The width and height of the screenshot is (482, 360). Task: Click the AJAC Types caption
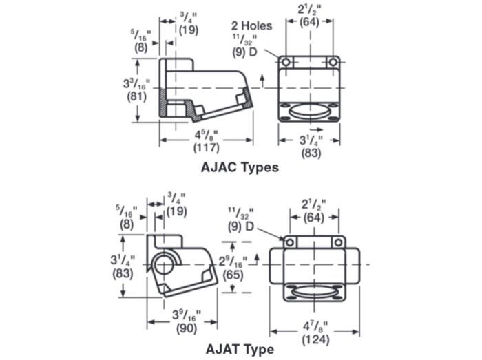pyautogui.click(x=240, y=168)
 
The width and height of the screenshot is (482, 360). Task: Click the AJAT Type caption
pyautogui.click(x=240, y=349)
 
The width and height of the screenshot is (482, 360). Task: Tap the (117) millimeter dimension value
pyautogui.click(x=207, y=148)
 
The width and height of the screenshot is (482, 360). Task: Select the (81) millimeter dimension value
pyautogui.click(x=137, y=96)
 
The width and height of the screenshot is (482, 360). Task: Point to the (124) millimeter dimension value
pyautogui.click(x=315, y=340)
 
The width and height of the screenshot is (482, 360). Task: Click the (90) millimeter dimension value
pyautogui.click(x=187, y=328)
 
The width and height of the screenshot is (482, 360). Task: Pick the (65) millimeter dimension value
pyautogui.click(x=233, y=275)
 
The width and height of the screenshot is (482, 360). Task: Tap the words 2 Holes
pyautogui.click(x=252, y=25)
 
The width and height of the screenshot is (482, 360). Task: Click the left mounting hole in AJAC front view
pyautogui.click(x=286, y=63)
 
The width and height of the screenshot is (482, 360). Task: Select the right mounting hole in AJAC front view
pyautogui.click(x=333, y=63)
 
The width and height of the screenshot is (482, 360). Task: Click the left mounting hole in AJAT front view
pyautogui.click(x=290, y=243)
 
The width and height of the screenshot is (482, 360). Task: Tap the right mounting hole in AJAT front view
pyautogui.click(x=338, y=243)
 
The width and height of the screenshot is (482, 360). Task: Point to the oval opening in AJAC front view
pyautogui.click(x=309, y=112)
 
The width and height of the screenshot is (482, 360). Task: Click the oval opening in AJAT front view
pyautogui.click(x=314, y=293)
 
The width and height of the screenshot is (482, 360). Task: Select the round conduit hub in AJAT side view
pyautogui.click(x=164, y=264)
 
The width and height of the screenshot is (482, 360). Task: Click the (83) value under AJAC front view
pyautogui.click(x=311, y=153)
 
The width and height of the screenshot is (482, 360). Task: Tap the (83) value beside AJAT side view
pyautogui.click(x=123, y=273)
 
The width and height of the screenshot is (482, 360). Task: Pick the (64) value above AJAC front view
pyautogui.click(x=310, y=22)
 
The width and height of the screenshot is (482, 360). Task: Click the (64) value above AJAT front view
pyautogui.click(x=314, y=218)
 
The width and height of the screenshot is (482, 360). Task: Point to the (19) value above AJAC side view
pyautogui.click(x=189, y=30)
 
